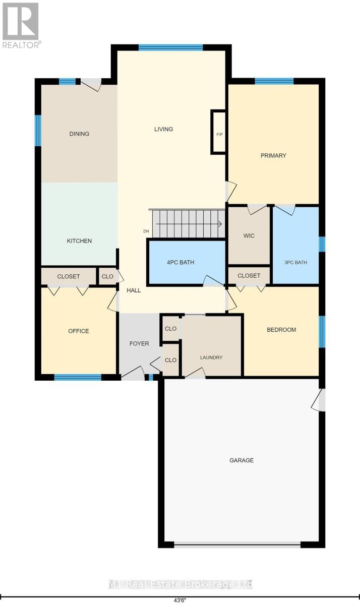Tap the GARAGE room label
click(x=242, y=460)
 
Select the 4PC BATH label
click(x=181, y=262)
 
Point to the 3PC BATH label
click(x=295, y=262)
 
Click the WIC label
click(x=249, y=236)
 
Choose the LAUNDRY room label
click(x=211, y=357)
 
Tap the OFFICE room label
click(x=79, y=331)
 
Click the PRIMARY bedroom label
click(x=273, y=155)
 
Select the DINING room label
click(x=79, y=134)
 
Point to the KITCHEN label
click(x=80, y=241)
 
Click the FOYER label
click(x=139, y=344)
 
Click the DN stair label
click(x=146, y=231)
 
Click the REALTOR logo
click(x=21, y=25)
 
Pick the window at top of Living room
click(x=170, y=47)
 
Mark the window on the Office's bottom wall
click(x=78, y=377)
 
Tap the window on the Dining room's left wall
click(x=37, y=131)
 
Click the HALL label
click(x=134, y=290)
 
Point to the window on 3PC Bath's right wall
click(x=322, y=244)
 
